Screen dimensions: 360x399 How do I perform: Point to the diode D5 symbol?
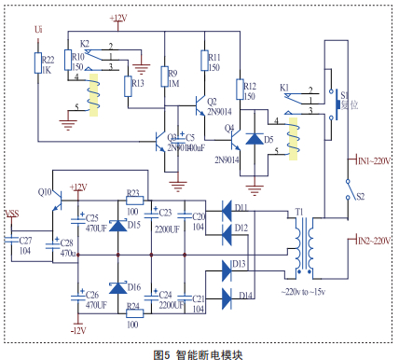pyautogui.click(x=253, y=141)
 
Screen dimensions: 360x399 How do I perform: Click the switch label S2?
pyautogui.click(x=361, y=196)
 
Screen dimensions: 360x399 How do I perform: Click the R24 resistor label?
pyautogui.click(x=132, y=307)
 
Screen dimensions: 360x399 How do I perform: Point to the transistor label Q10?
pyautogui.click(x=45, y=191)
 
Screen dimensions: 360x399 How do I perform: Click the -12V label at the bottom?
pyautogui.click(x=76, y=330)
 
